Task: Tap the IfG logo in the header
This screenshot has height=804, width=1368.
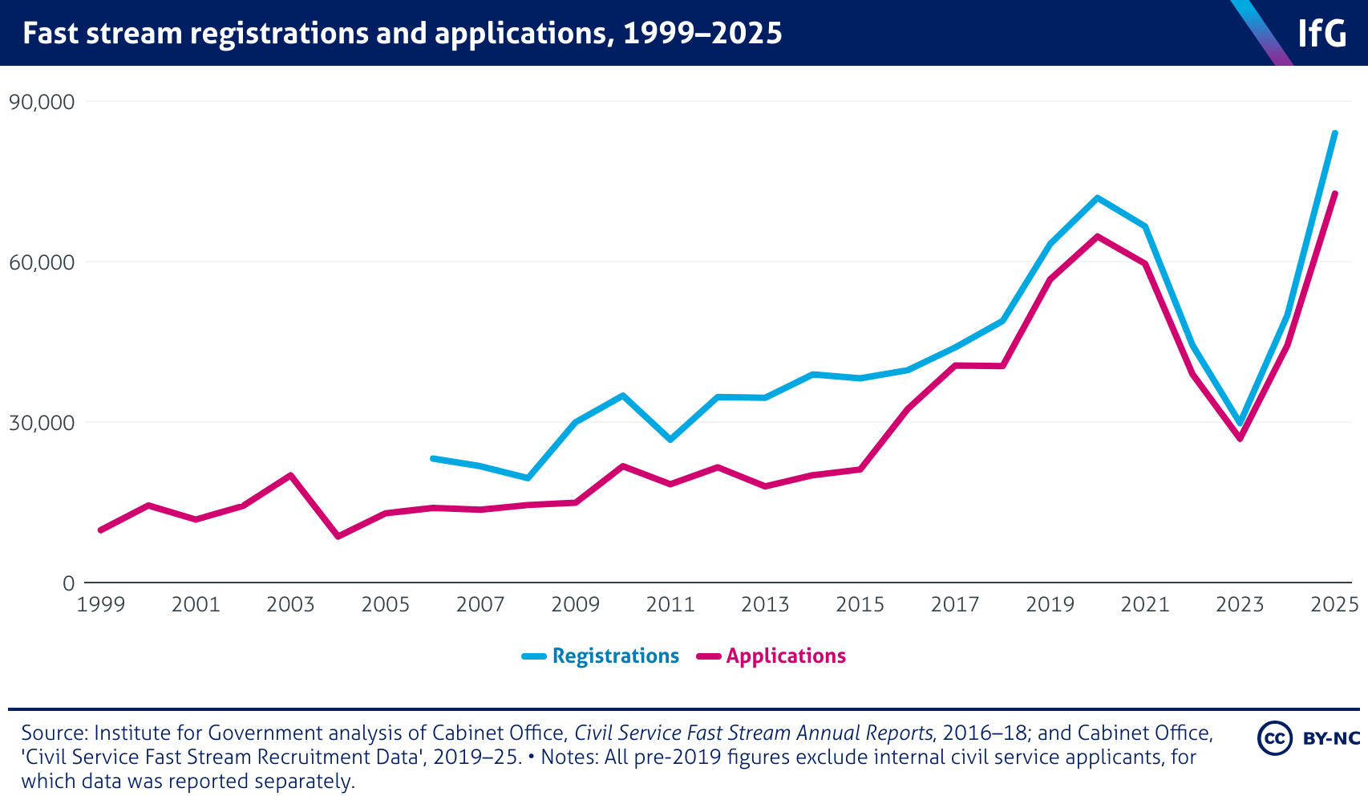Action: [1321, 34]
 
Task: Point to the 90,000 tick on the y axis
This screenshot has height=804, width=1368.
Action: [41, 102]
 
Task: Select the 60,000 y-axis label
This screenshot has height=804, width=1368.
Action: [41, 262]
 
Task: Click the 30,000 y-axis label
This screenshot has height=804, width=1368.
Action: [41, 423]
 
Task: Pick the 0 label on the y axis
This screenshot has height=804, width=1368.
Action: [68, 583]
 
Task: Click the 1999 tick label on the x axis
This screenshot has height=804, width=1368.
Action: [101, 604]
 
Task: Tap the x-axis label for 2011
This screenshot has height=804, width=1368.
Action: [670, 604]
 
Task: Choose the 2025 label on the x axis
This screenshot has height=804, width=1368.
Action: [1334, 604]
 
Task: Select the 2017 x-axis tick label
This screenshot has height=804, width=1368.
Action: [955, 604]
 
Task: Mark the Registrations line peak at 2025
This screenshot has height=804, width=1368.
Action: [1334, 133]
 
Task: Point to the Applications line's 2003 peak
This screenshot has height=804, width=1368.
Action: [290, 475]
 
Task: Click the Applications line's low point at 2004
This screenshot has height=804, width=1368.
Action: [338, 536]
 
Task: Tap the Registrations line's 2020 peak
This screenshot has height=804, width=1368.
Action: [1097, 197]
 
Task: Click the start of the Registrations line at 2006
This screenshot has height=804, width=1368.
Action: [433, 458]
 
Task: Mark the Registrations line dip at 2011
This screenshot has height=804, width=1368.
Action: [670, 440]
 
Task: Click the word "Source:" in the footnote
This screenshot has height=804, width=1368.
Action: [55, 733]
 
